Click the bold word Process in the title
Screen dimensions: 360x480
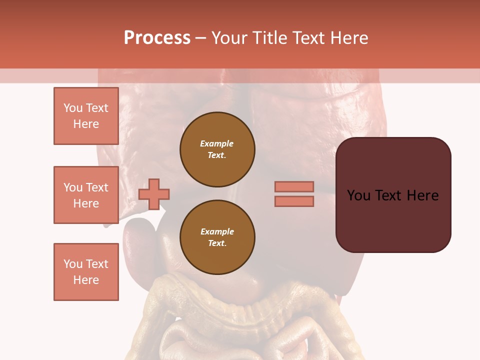157,38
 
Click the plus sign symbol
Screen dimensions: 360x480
154,194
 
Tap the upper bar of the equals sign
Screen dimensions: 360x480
294,186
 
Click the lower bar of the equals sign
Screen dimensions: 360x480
294,201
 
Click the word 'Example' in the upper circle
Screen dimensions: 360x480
217,143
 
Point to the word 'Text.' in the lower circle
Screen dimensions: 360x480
217,243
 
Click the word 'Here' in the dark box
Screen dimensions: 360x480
422,195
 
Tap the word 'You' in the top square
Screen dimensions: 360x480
73,108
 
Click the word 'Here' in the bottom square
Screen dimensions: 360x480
86,280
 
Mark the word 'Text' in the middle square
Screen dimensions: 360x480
96,187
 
